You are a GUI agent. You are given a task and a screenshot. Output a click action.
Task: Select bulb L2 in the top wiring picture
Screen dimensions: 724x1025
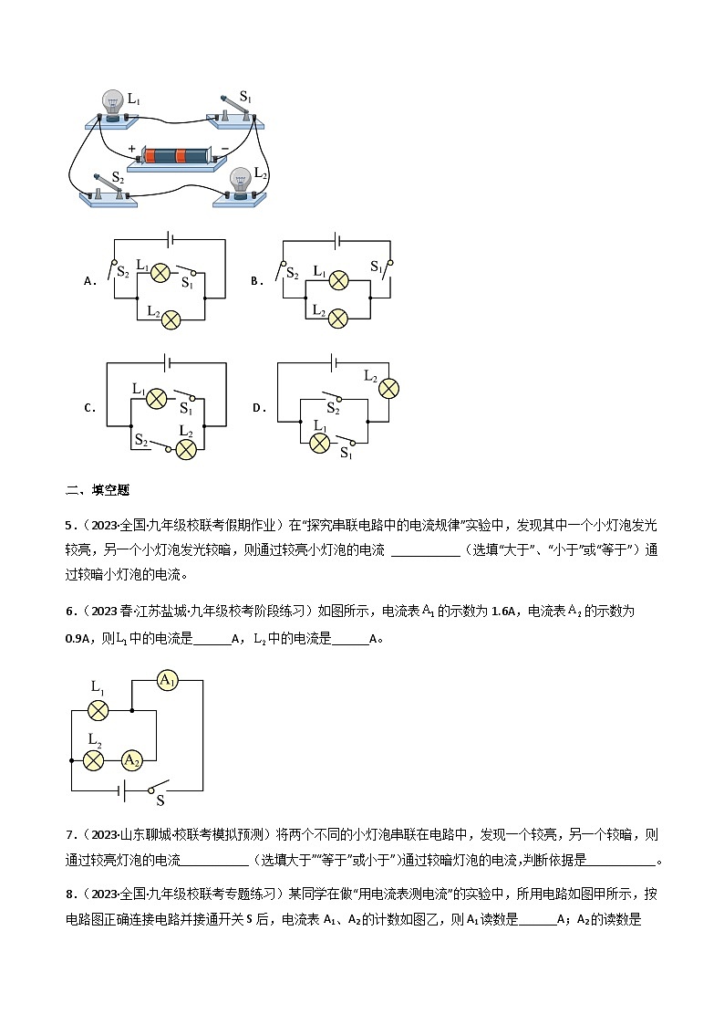click(241, 182)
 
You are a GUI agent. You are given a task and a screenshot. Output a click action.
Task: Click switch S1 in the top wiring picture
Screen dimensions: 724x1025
click(238, 110)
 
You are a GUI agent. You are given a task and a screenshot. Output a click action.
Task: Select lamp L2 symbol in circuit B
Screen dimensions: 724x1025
click(337, 318)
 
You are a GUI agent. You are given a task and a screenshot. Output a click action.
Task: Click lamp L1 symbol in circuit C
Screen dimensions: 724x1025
click(157, 397)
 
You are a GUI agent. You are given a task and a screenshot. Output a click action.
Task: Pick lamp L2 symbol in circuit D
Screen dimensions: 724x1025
click(389, 388)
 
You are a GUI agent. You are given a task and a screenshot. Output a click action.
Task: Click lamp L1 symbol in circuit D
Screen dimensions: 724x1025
click(319, 444)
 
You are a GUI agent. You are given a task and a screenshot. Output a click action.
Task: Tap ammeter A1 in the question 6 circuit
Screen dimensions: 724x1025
click(167, 680)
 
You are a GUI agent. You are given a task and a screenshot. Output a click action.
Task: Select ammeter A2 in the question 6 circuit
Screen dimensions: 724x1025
click(131, 759)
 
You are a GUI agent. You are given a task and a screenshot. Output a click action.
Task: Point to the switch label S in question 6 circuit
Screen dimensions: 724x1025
click(160, 801)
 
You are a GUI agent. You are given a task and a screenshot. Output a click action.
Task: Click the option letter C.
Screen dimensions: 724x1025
click(89, 408)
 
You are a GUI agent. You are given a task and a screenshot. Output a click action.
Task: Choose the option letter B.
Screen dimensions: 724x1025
click(256, 281)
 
